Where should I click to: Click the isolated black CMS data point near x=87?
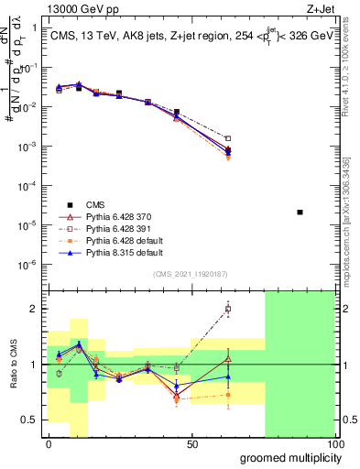[300, 213]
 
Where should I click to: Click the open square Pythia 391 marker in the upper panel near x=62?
[228, 139]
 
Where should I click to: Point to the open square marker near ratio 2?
[228, 309]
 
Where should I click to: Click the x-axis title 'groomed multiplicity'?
[286, 457]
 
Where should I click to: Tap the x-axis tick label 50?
[192, 444]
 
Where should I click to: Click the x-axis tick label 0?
[49, 444]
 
